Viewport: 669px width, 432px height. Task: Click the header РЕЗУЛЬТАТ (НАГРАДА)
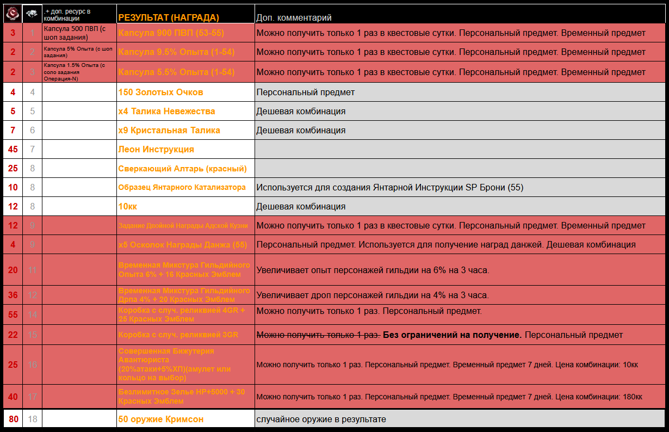point(169,17)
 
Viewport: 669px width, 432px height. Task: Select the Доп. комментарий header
point(294,18)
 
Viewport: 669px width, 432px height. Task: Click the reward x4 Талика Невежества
point(166,111)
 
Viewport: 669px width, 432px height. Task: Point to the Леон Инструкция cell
point(156,149)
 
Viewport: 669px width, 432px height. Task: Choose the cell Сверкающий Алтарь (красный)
point(182,168)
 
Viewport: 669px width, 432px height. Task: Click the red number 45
point(13,149)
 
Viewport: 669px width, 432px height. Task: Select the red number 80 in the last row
point(13,419)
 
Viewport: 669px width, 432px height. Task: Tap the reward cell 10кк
point(128,206)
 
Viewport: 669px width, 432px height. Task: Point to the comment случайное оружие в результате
point(321,419)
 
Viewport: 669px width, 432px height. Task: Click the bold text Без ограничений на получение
point(452,335)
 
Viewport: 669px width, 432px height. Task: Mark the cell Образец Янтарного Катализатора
point(182,187)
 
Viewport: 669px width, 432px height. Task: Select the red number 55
point(13,314)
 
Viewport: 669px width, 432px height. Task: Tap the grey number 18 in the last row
point(33,419)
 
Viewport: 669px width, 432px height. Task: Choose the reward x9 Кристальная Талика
point(169,130)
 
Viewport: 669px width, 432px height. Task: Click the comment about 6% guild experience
point(373,270)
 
